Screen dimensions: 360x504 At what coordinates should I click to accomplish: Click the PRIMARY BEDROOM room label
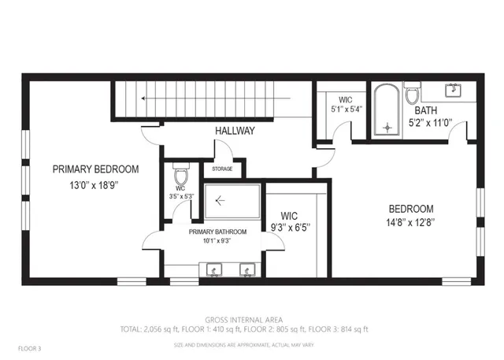[x=95, y=169]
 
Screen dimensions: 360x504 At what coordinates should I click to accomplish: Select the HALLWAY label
[x=235, y=131]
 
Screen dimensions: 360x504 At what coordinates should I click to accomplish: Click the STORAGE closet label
[x=223, y=168]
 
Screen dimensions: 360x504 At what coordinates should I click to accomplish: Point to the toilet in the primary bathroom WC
[x=180, y=174]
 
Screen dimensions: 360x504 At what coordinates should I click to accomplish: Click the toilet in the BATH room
[x=411, y=95]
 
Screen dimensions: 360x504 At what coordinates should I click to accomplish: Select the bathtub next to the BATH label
[x=386, y=109]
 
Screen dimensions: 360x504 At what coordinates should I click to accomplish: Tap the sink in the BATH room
[x=454, y=90]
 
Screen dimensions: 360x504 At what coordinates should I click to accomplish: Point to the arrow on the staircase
[x=144, y=98]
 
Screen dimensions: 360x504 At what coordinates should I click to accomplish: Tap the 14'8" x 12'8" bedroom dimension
[x=410, y=222]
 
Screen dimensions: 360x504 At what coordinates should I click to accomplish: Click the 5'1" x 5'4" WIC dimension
[x=345, y=110]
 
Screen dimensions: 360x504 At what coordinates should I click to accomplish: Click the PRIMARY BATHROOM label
[x=217, y=232]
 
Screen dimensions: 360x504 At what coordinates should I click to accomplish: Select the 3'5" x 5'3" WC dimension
[x=180, y=197]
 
